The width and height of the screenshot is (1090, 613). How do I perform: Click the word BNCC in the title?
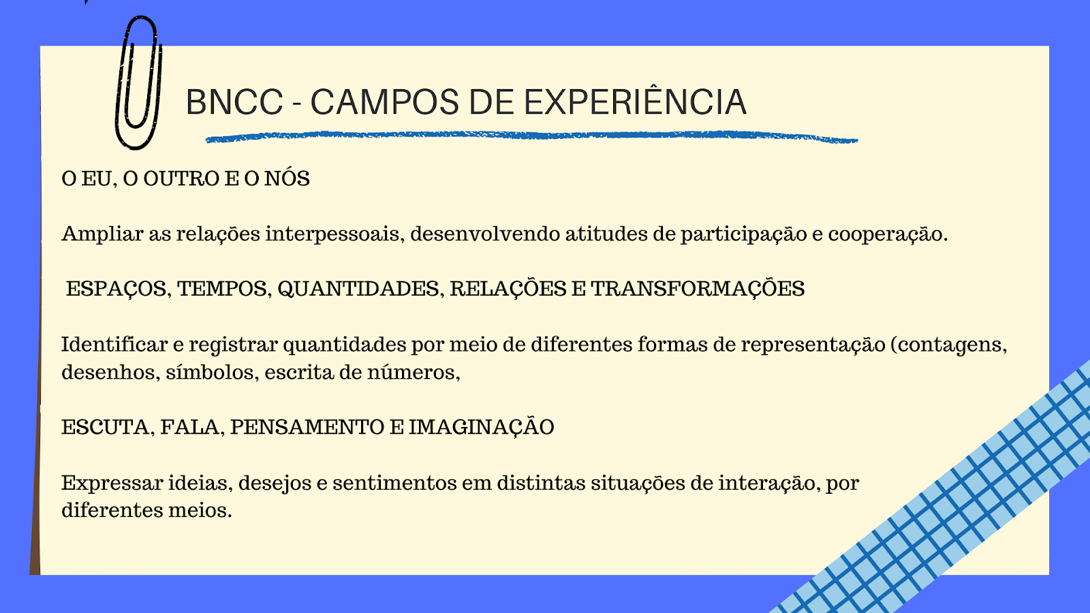[x=234, y=103]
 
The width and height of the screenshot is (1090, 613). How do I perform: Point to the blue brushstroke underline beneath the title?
[x=531, y=137]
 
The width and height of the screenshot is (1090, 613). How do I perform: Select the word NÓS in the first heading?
[x=287, y=178]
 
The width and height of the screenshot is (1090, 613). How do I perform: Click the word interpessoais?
[x=334, y=234]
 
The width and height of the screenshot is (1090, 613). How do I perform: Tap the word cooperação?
[x=888, y=235]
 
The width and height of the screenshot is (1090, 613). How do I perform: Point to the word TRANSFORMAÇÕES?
[x=698, y=288]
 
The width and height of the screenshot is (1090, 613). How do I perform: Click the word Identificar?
[x=114, y=345]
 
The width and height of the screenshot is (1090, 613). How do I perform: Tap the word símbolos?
[x=213, y=373]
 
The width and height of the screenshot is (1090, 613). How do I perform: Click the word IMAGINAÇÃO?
[x=481, y=426]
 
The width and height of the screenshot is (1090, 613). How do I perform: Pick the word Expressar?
[x=112, y=484]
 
